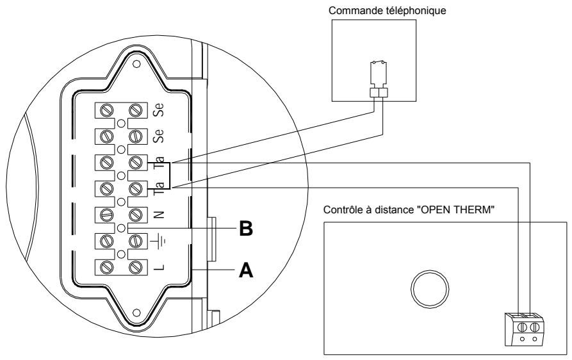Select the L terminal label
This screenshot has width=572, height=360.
[158, 265]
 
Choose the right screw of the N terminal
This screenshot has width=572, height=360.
[135, 215]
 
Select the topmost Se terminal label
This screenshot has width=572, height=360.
[159, 110]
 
